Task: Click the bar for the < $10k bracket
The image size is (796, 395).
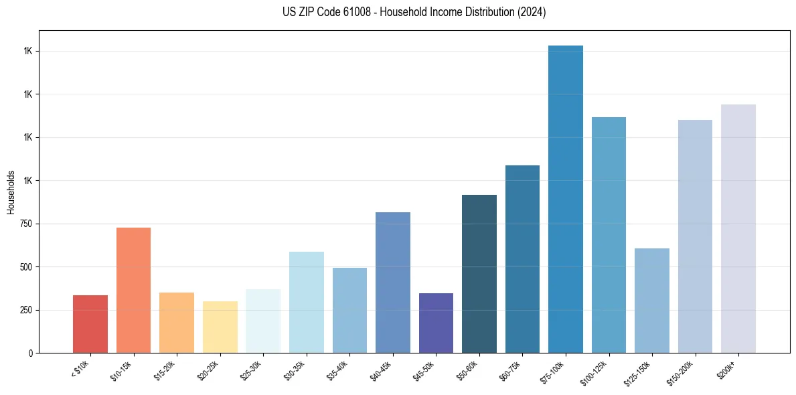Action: [x=90, y=324]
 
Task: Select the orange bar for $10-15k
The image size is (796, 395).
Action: [x=133, y=290]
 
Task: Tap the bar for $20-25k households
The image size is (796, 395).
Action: [x=220, y=327]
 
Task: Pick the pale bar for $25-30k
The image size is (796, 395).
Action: [x=263, y=321]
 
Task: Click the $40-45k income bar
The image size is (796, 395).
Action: [x=393, y=283]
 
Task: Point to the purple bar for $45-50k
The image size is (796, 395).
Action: [x=436, y=323]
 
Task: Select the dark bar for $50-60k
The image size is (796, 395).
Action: [x=479, y=274]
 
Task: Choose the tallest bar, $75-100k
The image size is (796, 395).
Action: [x=566, y=199]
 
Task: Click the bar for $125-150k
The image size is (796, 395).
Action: [x=652, y=301]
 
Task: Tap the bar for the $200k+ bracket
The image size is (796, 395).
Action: [x=738, y=228]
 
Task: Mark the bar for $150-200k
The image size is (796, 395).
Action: [x=695, y=236]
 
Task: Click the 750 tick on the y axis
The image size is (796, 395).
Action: [x=27, y=224]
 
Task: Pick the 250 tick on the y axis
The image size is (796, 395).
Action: [x=27, y=310]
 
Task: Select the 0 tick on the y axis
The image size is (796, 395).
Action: [x=31, y=353]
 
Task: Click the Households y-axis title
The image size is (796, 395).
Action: [x=11, y=192]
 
